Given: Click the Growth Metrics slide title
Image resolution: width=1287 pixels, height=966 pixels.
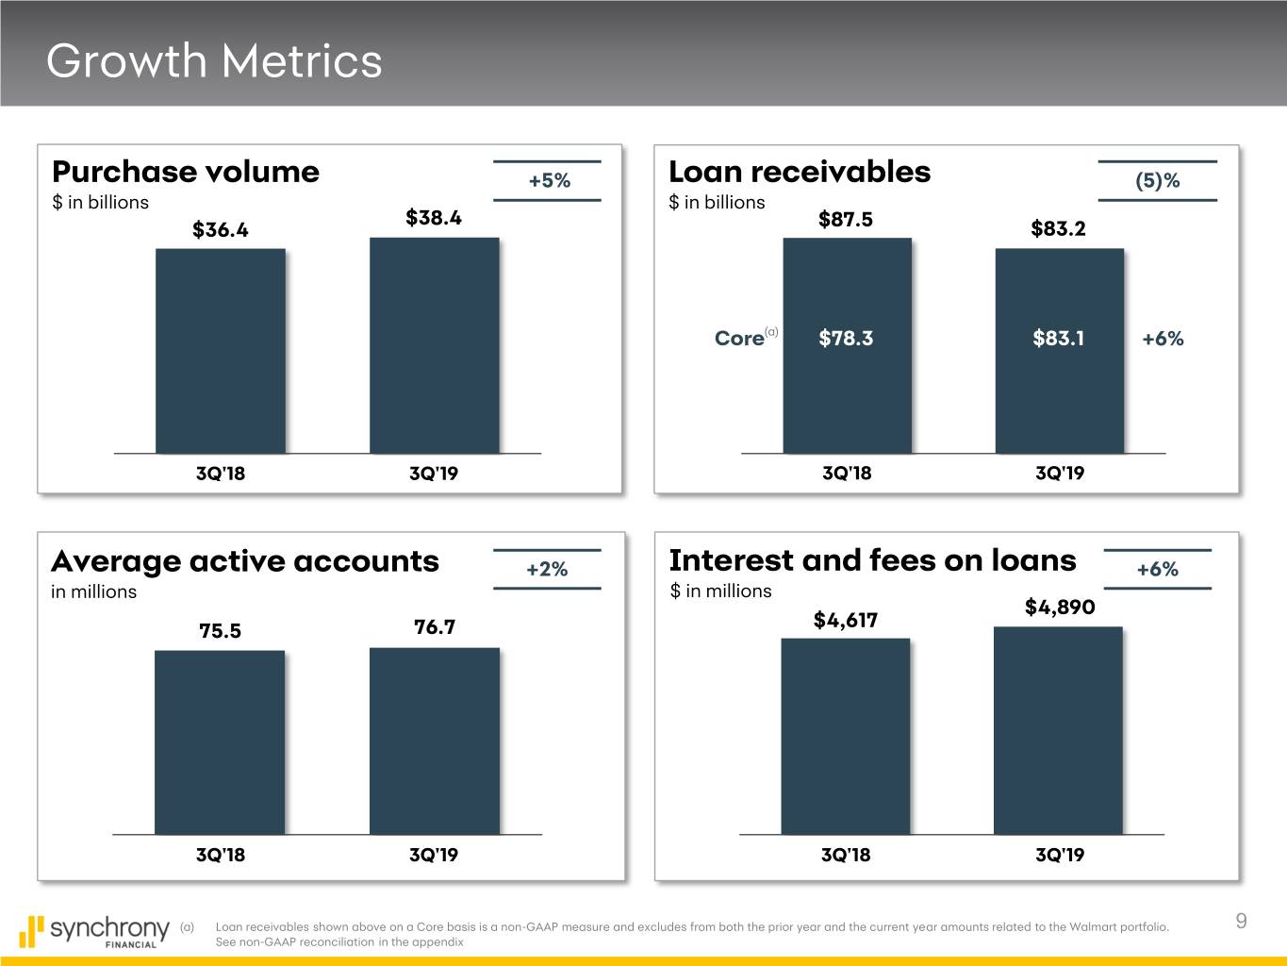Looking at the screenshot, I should [214, 61].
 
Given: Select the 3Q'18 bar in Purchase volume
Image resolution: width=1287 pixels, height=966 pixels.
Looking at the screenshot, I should [220, 351].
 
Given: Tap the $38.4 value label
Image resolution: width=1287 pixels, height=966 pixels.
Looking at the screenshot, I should [434, 218].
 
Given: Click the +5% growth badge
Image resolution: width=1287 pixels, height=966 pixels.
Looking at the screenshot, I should [549, 181].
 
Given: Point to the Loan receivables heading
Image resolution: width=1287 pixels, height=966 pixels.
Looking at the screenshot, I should [799, 172].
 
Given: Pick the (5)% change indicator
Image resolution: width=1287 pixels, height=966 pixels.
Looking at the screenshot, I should [1158, 181].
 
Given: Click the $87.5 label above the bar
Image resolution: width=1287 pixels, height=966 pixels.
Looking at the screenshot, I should [846, 220].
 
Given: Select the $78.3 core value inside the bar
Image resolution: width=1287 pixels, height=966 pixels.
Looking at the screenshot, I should [846, 339].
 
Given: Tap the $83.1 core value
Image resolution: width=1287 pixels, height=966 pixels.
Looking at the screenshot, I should [1058, 339].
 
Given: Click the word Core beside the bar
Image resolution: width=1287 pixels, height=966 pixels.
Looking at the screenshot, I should [739, 339].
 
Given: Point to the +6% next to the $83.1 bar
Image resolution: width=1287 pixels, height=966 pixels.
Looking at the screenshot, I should [1163, 339].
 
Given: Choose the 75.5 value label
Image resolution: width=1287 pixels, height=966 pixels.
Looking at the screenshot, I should [220, 631].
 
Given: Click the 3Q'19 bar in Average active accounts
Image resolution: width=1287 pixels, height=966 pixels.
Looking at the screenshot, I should [434, 741].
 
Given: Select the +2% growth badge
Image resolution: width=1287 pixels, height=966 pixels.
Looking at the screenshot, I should [547, 569].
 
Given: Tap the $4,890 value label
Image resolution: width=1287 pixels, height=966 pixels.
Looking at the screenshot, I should [1060, 608].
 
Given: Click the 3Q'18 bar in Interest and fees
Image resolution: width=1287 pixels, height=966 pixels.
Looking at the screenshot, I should [845, 736].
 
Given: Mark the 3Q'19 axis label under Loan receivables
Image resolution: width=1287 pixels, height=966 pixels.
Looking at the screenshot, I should [1060, 474].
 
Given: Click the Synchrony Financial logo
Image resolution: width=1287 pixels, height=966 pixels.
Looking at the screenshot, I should [94, 931].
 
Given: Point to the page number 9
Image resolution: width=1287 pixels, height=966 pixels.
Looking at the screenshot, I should [1241, 922].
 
